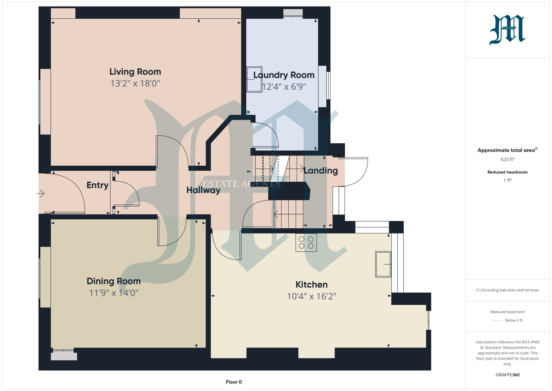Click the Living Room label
135,72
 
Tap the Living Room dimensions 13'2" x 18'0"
135,83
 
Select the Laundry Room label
284,75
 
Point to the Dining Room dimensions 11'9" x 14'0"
114,293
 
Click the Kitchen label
312,284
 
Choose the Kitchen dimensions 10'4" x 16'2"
312,296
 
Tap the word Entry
97,185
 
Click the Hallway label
203,190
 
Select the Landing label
321,171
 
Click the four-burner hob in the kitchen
306,242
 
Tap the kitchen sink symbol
383,264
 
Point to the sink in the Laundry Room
254,79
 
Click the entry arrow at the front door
40,193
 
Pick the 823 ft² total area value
507,159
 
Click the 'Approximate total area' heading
507,150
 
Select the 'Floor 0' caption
234,382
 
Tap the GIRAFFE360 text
507,375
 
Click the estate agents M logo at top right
507,30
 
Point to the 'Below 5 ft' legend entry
514,320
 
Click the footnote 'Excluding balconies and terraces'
507,290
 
